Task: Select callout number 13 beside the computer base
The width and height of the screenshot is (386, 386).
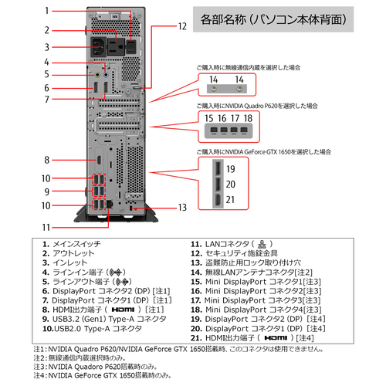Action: click(x=182, y=207)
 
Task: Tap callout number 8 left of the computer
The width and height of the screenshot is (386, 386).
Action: click(x=47, y=160)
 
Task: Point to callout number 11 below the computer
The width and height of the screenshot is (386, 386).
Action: click(x=46, y=227)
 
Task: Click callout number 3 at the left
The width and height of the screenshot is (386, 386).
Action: click(x=47, y=47)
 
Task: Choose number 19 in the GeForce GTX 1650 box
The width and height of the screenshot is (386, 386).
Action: click(x=230, y=168)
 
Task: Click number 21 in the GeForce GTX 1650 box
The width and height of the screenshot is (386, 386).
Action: click(x=230, y=200)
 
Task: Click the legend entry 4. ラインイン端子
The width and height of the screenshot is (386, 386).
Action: click(x=84, y=273)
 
